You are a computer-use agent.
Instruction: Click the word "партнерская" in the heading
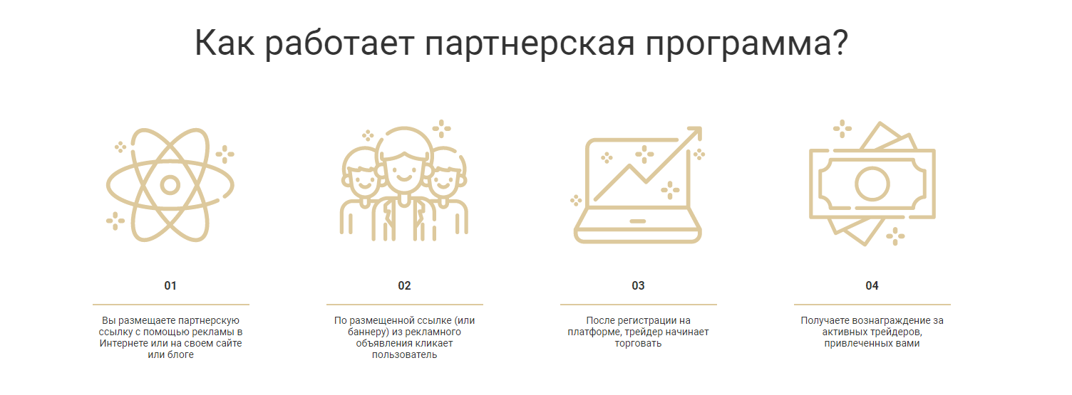pyautogui.click(x=530, y=44)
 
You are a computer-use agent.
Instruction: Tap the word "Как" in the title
pyautogui.click(x=224, y=43)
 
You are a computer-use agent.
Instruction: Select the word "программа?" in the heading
pyautogui.click(x=746, y=44)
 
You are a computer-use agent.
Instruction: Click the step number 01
pyautogui.click(x=170, y=285)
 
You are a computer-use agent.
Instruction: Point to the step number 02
pyautogui.click(x=404, y=285)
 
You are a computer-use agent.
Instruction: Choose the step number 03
pyautogui.click(x=638, y=285)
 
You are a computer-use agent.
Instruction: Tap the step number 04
pyautogui.click(x=872, y=285)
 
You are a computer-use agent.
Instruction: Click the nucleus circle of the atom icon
pyautogui.click(x=170, y=185)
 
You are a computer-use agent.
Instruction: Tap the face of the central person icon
pyautogui.click(x=404, y=169)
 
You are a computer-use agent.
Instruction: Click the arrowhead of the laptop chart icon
pyautogui.click(x=695, y=133)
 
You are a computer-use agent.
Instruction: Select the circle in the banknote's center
pyautogui.click(x=872, y=184)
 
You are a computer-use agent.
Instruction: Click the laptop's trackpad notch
pyautogui.click(x=637, y=221)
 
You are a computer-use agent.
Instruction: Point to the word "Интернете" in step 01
pyautogui.click(x=123, y=344)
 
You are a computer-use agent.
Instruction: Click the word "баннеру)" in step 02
pyautogui.click(x=368, y=332)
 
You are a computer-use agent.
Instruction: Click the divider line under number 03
pyautogui.click(x=639, y=304)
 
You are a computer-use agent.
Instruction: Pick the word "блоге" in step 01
pyautogui.click(x=180, y=355)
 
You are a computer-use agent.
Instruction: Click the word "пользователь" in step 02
pyautogui.click(x=404, y=355)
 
